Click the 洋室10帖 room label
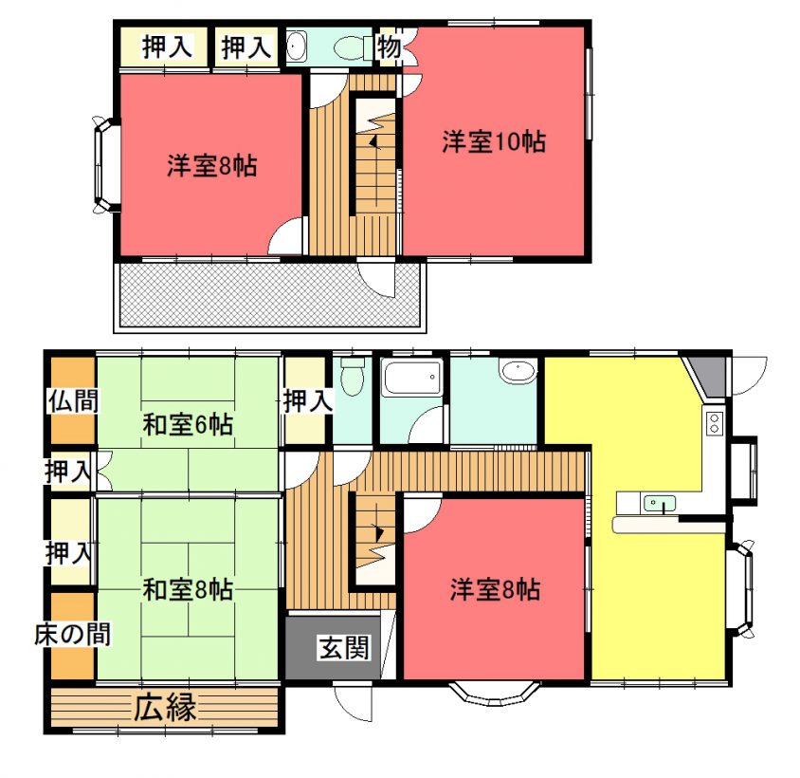coord(494,141)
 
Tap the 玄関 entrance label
coord(344,648)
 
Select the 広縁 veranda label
coord(165,708)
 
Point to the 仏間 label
coord(73,401)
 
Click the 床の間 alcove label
coord(72,635)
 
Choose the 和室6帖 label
coord(188,424)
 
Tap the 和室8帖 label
coord(188,589)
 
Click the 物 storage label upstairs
coord(389,47)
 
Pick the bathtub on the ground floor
coord(412,377)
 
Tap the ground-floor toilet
coord(352,377)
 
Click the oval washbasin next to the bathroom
coord(518,369)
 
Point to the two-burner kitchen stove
coord(715,422)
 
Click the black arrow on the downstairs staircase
coord(379,533)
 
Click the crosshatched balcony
coord(270,294)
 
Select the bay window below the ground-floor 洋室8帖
coord(495,693)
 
